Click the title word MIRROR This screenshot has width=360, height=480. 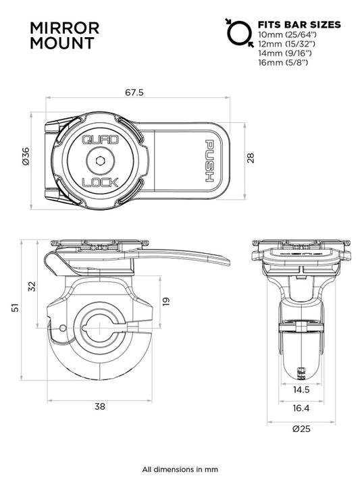(66, 28)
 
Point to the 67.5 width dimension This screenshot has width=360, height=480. (134, 93)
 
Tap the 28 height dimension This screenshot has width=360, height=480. (249, 157)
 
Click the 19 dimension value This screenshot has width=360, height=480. (165, 300)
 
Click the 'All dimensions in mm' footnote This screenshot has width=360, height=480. (180, 469)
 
